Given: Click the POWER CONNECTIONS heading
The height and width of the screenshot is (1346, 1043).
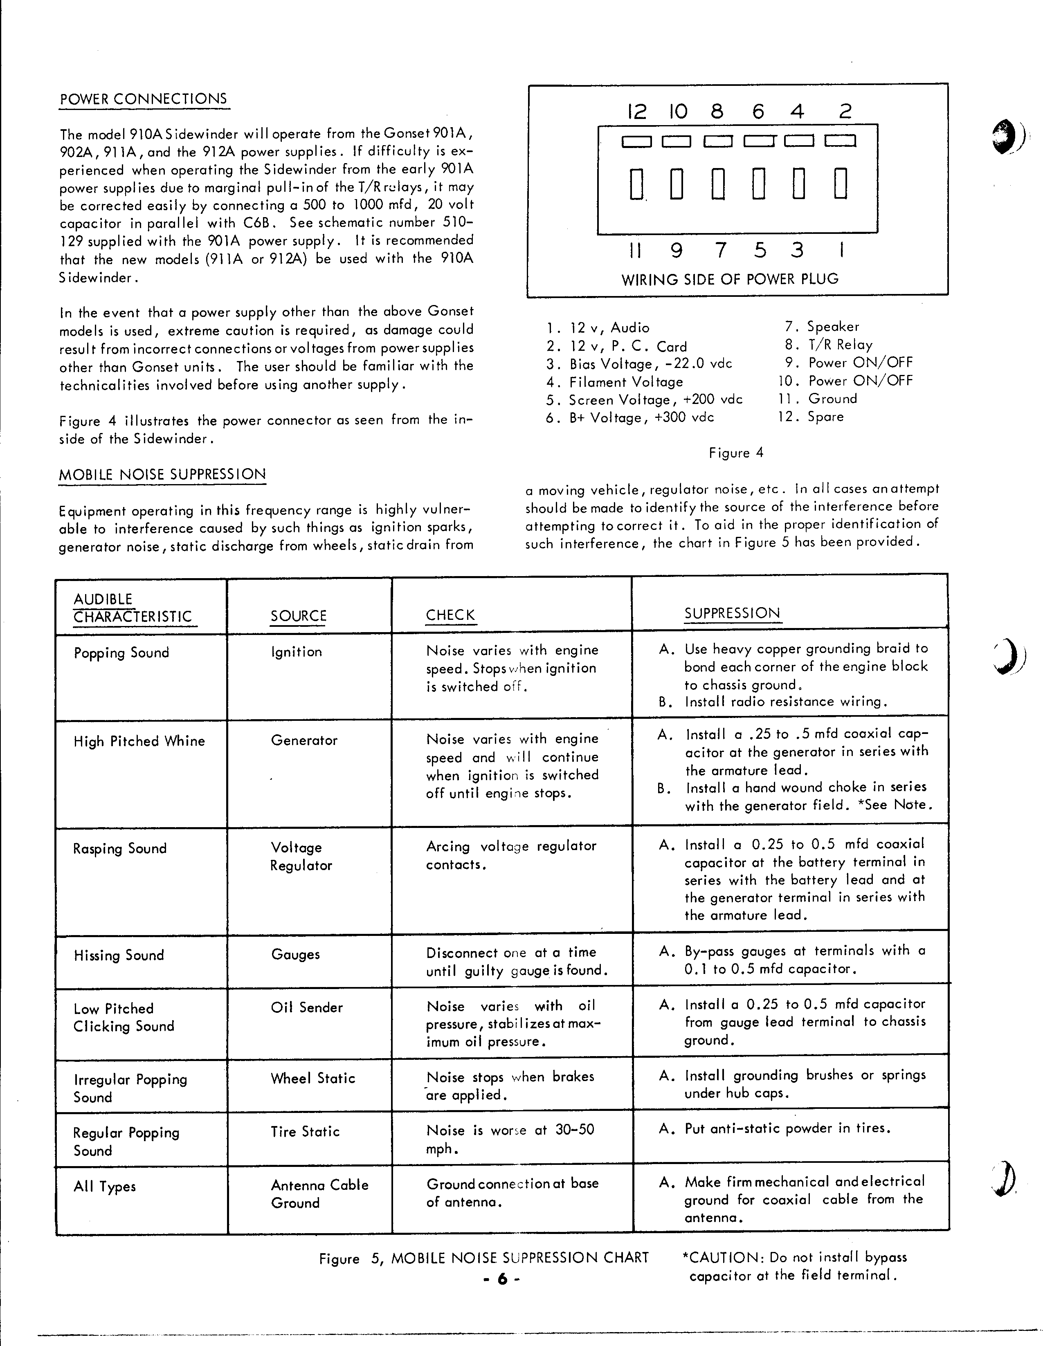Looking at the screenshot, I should click(x=144, y=99).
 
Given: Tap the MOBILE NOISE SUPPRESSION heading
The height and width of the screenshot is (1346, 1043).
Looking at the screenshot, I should click(x=162, y=475).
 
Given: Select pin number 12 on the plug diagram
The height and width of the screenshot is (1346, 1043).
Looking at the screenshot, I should click(x=637, y=112).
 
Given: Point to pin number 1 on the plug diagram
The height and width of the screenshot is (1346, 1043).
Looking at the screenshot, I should click(x=841, y=250).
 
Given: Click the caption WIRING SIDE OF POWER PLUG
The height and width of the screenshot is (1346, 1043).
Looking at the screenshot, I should click(x=730, y=279).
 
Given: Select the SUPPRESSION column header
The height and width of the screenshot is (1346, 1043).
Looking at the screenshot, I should click(x=732, y=613).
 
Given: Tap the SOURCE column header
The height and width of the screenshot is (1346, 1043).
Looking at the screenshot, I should click(x=298, y=616).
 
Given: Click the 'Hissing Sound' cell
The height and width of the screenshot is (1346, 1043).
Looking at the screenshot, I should click(x=119, y=955).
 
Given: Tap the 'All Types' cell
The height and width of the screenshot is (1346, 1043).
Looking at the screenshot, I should click(x=104, y=1187).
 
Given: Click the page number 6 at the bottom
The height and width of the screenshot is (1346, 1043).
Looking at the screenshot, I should click(x=502, y=1279).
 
